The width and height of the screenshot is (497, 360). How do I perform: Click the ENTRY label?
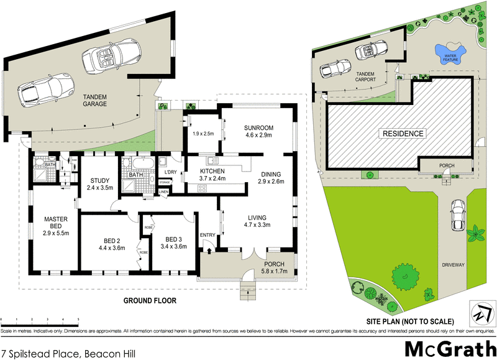[x=207, y=234]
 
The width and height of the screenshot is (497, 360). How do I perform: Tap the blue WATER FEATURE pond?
[x=450, y=53]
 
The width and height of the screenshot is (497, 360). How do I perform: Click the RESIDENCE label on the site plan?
[x=403, y=134]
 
